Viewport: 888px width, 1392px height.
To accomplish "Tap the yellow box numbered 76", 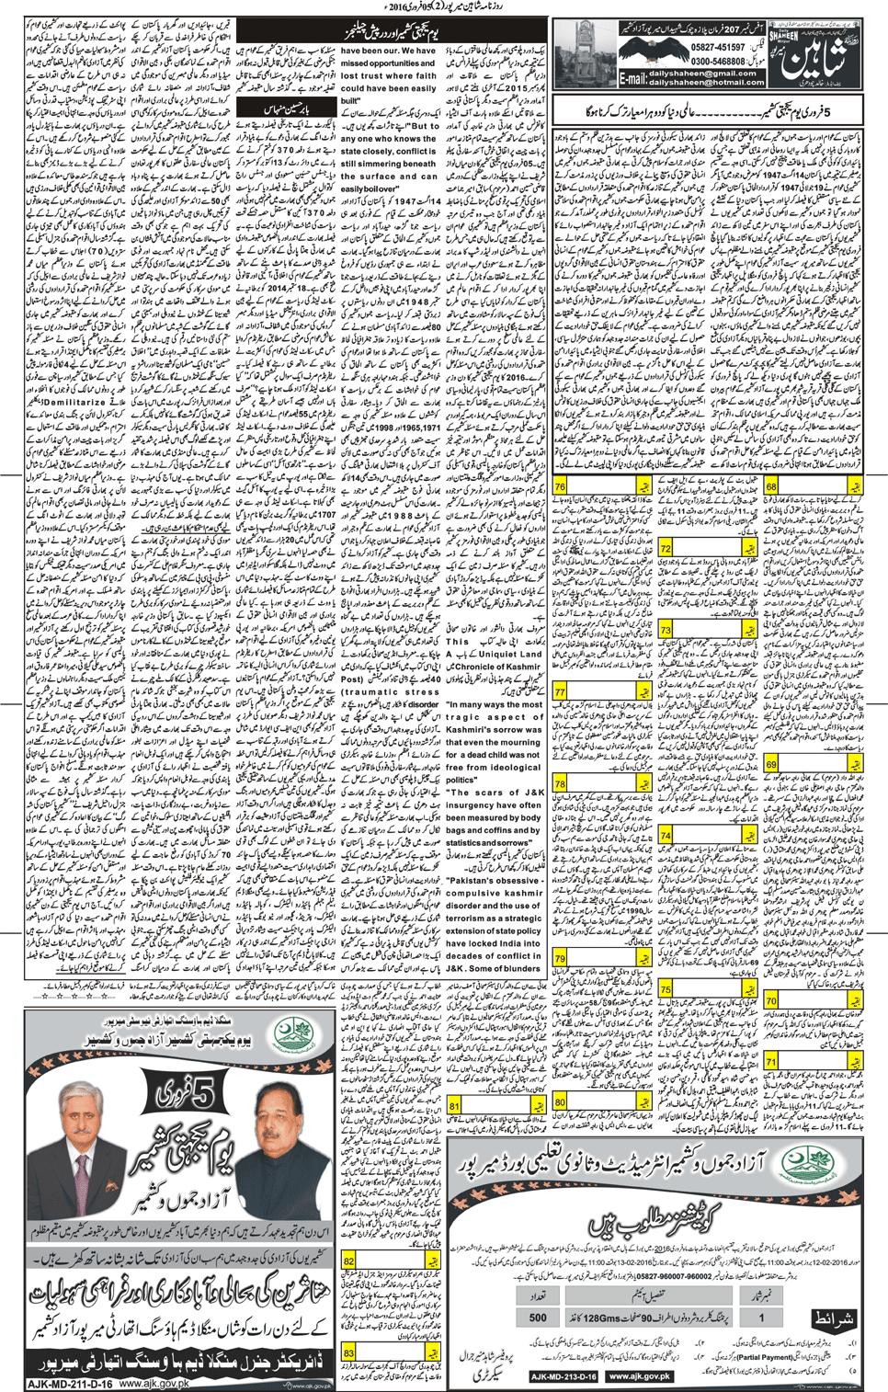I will tap(560, 486).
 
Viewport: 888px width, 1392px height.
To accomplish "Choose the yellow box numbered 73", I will tap(666, 631).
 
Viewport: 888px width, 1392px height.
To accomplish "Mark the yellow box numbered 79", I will tap(560, 959).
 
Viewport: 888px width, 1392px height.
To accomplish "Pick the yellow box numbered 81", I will tap(454, 1106).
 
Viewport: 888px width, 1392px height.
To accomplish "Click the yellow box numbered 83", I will tap(349, 1352).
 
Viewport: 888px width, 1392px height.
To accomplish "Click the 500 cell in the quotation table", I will tap(538, 1317).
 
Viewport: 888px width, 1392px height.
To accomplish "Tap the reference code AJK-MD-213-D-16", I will tap(564, 1376).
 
